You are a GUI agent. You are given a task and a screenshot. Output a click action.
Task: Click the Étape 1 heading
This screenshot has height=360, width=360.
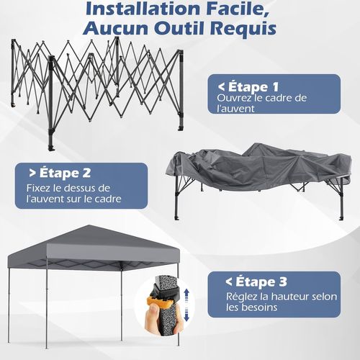248,86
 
